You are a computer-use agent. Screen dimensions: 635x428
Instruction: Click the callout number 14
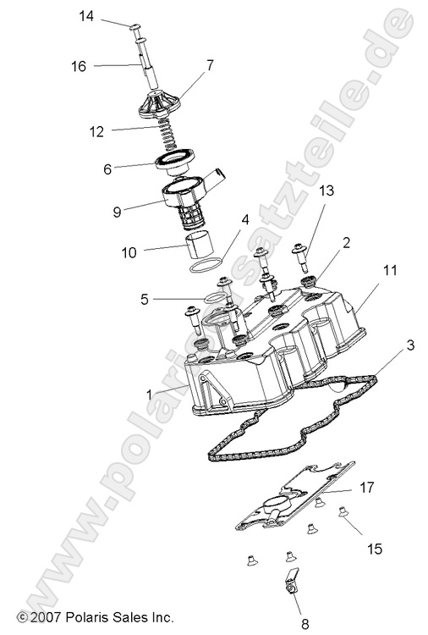[88, 16]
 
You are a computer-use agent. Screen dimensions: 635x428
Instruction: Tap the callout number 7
[210, 64]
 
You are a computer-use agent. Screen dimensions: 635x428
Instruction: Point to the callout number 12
[96, 131]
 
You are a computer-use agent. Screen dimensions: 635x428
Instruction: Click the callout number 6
[107, 169]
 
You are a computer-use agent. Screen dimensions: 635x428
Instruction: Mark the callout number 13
[304, 216]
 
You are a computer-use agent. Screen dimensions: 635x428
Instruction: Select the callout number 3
[409, 345]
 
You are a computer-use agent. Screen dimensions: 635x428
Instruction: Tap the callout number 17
[366, 487]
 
